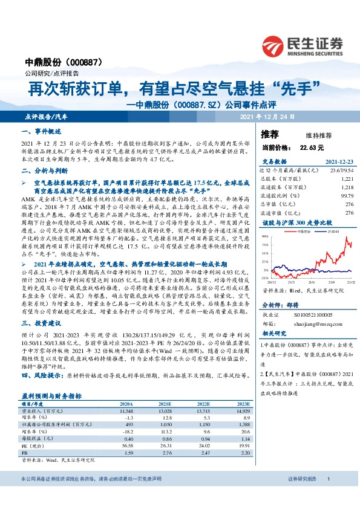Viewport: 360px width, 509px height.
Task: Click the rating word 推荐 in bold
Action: click(x=270, y=134)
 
